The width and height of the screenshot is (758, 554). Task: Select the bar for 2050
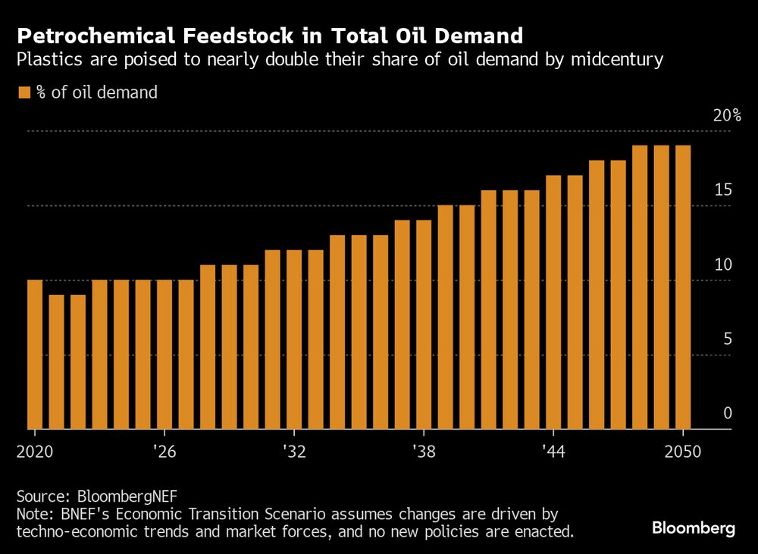pos(683,287)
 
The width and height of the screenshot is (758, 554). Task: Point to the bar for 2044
pos(553,302)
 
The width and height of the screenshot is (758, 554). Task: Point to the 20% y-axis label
pos(726,116)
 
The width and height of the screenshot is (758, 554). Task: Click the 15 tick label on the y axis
pos(723,190)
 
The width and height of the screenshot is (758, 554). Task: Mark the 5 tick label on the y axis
pos(727,340)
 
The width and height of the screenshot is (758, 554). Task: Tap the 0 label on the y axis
pos(727,414)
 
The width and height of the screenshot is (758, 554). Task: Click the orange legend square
pos(23,92)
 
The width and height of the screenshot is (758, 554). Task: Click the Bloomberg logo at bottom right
pos(694,529)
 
